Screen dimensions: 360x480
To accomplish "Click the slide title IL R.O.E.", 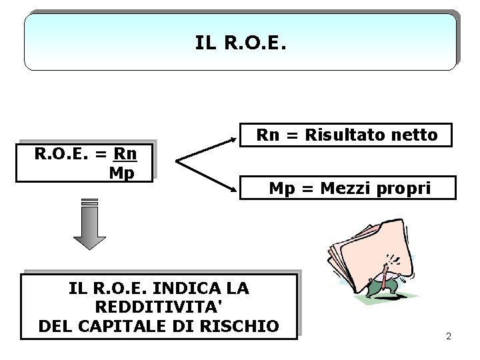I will pyautogui.click(x=241, y=44).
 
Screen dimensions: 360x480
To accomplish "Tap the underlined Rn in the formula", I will pyautogui.click(x=125, y=155).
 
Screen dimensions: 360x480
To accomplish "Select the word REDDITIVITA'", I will pyautogui.click(x=159, y=307).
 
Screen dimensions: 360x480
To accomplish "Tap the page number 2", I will pyautogui.click(x=449, y=336).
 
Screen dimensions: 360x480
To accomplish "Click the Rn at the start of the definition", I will pyautogui.click(x=267, y=135).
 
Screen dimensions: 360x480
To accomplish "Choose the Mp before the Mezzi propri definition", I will pyautogui.click(x=279, y=189).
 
